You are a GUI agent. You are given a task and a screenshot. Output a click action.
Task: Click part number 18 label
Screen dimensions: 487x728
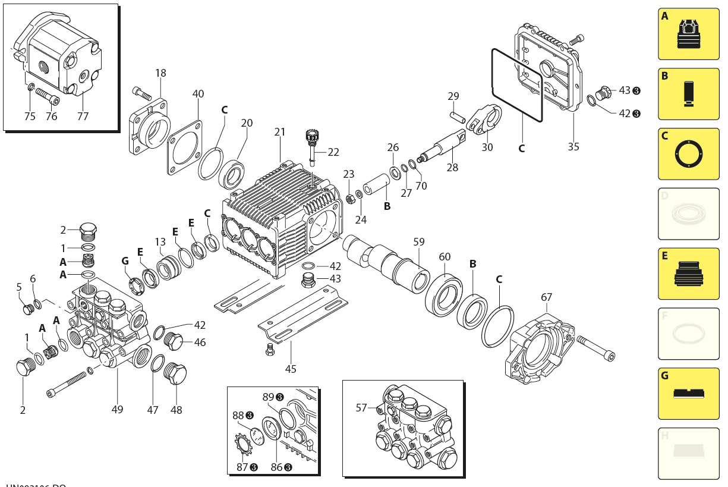160,73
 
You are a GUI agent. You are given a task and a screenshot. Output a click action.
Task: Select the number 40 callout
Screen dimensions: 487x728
198,94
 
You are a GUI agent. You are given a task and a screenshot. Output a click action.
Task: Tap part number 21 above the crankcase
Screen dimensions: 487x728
280,131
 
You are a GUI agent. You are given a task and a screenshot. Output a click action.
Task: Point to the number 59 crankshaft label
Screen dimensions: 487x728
419,242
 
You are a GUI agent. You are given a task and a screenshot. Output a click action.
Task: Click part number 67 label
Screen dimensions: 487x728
546,297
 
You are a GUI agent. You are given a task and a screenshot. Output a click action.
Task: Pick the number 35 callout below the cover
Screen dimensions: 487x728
573,146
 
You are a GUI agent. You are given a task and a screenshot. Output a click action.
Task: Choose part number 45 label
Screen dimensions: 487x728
290,369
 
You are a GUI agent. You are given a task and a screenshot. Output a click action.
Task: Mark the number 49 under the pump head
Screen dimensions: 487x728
117,409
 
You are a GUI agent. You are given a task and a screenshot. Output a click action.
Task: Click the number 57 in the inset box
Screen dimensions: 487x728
361,408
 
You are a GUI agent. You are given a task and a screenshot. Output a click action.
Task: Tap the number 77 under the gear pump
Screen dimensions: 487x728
83,117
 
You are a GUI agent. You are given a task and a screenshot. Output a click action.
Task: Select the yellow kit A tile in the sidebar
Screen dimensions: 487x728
688,34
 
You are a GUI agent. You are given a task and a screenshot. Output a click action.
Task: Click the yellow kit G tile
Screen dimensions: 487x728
688,394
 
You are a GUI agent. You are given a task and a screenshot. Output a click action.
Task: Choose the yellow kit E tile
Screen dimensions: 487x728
688,274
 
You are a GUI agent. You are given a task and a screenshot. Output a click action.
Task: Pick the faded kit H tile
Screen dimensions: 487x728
688,453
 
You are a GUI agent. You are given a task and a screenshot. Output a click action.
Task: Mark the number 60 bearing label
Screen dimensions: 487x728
445,257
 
